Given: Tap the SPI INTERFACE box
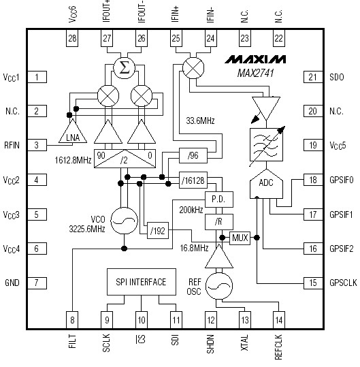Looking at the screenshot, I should (141, 281).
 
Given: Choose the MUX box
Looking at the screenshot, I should (240, 238).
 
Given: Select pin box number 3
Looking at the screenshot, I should (36, 145).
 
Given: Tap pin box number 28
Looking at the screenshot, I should (72, 40).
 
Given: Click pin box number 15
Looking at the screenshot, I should (312, 283).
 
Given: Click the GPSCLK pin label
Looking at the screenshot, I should (341, 283).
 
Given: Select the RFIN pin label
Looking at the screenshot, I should (12, 145).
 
